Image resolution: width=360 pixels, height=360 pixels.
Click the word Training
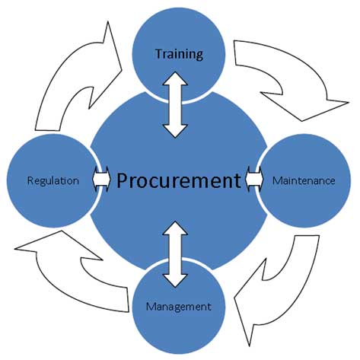179,54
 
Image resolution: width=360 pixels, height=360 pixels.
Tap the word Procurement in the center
179,180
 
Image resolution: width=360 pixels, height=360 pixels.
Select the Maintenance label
304,180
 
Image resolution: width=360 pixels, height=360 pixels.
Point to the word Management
179,307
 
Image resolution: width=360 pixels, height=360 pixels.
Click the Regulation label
53,180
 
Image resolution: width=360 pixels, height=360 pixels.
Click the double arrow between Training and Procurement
175,105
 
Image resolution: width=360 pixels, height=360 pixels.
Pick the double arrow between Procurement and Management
175,254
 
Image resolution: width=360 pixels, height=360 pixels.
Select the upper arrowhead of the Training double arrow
175,79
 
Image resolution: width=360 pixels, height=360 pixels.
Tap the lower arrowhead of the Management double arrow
175,281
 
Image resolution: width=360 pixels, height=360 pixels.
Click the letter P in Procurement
123,180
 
